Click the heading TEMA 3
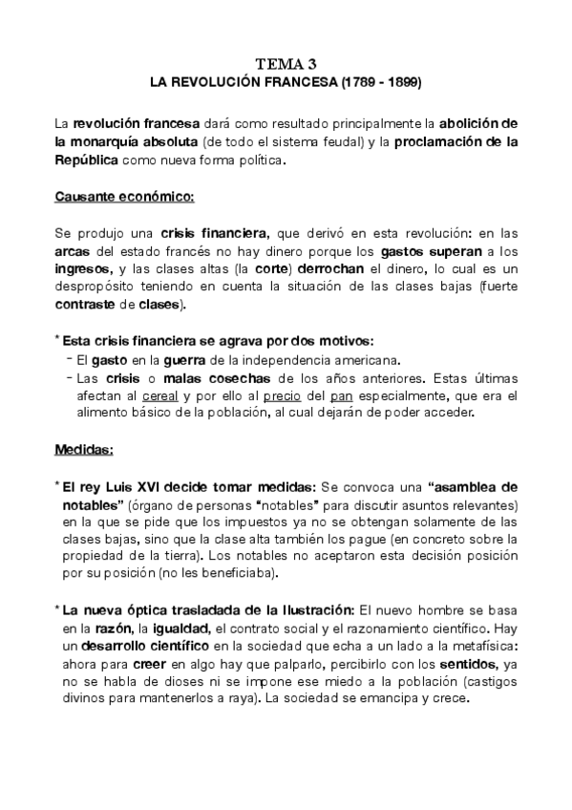point(286,64)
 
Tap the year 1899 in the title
point(401,83)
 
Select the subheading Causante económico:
point(123,197)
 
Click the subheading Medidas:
point(84,447)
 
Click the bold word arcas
point(71,251)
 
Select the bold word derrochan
point(356,269)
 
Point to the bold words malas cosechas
point(225,377)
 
